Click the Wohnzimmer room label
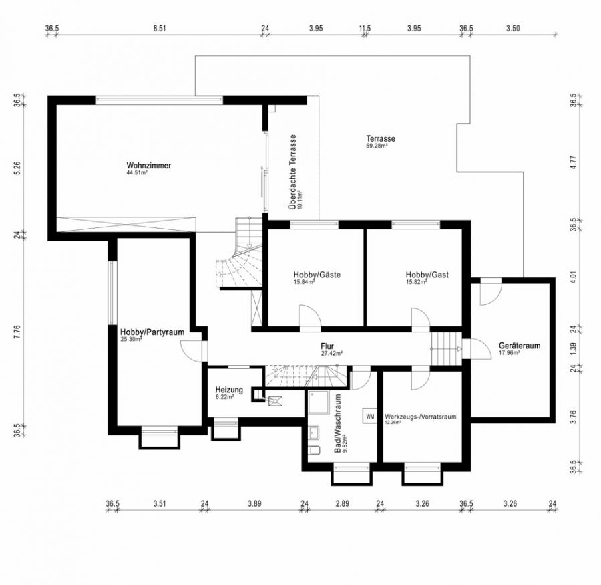click(149, 166)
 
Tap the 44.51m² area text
click(137, 173)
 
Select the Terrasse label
click(381, 138)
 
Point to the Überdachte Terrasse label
click(293, 172)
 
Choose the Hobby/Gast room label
click(427, 275)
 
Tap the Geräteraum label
click(520, 346)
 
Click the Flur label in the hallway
click(327, 346)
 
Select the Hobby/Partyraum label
click(152, 332)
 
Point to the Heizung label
click(229, 390)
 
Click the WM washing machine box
click(370, 416)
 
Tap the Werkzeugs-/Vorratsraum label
click(421, 417)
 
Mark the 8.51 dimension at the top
click(160, 28)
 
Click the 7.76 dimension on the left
click(17, 332)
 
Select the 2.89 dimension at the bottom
click(343, 503)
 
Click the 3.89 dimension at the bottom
click(254, 503)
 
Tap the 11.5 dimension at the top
click(365, 28)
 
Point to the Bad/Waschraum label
click(337, 423)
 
